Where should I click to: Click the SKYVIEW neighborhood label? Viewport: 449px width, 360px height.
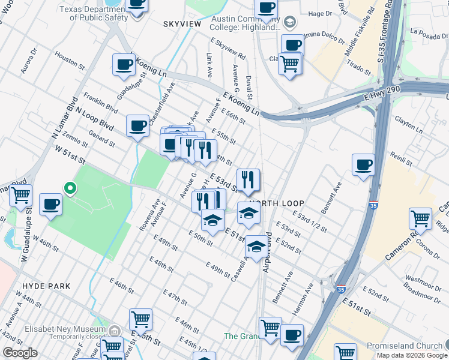pos(182,23)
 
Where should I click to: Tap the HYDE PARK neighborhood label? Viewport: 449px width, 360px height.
pos(46,287)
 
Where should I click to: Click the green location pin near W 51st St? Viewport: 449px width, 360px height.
pos(70,189)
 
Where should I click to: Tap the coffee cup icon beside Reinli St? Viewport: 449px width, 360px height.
pos(363,165)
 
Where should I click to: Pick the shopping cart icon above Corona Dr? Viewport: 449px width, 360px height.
pos(420,219)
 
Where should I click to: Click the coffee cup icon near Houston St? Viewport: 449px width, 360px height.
pos(124,65)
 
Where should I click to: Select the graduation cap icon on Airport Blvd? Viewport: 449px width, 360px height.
pos(256,247)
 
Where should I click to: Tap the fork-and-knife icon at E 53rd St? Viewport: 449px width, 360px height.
pos(248,179)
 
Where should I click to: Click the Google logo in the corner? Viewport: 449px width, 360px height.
pos(20,353)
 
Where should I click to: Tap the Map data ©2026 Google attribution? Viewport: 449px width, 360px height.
pos(412,355)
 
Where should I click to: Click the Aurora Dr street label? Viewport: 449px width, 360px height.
pos(29,62)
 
